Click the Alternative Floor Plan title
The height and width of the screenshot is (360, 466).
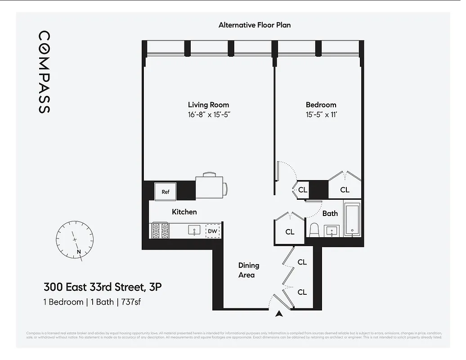[255, 25]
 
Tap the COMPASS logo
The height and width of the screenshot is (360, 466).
[44, 72]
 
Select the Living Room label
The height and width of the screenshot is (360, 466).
[208, 105]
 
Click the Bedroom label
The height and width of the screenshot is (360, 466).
[321, 105]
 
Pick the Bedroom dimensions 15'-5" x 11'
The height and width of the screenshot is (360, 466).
[321, 115]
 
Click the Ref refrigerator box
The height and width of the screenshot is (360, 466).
[166, 192]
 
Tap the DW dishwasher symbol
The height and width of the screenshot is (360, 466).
[213, 231]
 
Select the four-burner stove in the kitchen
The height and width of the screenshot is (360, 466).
[161, 230]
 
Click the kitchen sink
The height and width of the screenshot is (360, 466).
[194, 231]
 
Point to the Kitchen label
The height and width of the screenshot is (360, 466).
[184, 211]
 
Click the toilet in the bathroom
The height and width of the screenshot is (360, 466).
[314, 230]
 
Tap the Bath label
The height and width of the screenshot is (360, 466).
[330, 213]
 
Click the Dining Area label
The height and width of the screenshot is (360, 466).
[248, 270]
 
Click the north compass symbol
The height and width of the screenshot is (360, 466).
[75, 239]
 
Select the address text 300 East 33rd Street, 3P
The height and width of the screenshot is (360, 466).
[102, 287]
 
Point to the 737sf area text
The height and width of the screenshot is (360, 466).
[131, 301]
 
